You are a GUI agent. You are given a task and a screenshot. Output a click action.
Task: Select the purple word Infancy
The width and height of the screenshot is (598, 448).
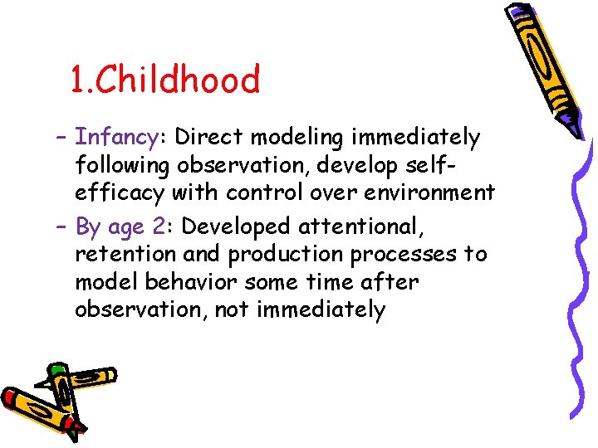[116, 136]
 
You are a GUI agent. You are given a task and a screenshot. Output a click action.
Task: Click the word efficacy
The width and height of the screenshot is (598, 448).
[120, 193]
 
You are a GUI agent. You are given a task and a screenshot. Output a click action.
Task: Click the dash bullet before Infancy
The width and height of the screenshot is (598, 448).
[63, 137]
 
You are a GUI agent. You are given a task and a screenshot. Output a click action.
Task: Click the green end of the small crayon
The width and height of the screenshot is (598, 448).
[56, 370]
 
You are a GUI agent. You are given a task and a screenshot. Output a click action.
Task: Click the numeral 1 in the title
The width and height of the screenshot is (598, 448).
[77, 80]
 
